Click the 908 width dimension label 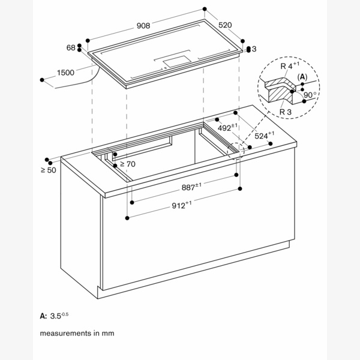point(143,25)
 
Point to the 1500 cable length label point(66,73)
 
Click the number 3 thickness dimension point(254,48)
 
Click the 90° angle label point(310,95)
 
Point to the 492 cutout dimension point(226,128)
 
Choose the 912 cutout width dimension point(181,205)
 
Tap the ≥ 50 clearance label point(48,171)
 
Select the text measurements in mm point(77,332)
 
